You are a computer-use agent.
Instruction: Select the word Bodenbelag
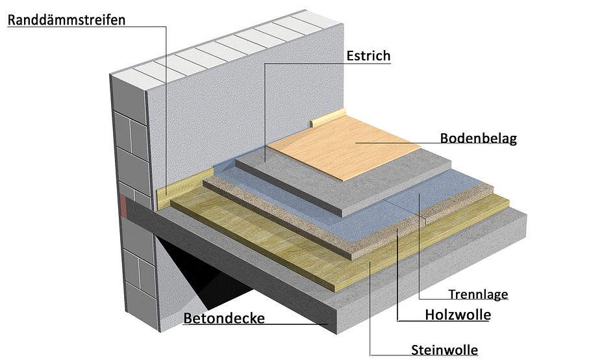478,138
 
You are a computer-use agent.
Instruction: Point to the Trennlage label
478,294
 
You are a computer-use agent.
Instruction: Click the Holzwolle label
458,315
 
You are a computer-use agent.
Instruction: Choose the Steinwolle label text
444,350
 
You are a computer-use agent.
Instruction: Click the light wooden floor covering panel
344,146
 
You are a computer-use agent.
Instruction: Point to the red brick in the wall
123,205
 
